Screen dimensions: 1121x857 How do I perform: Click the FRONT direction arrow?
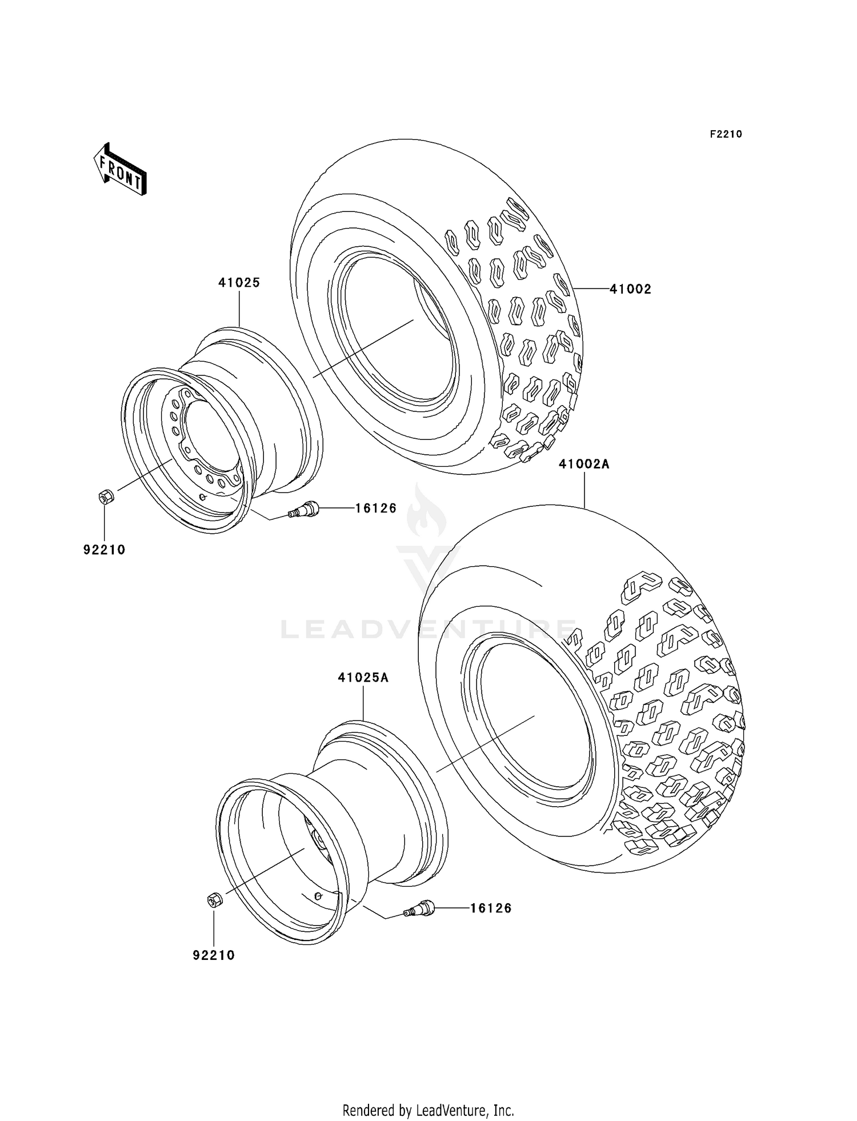click(121, 170)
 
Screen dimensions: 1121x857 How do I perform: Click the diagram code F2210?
click(726, 134)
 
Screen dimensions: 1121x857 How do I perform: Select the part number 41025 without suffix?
click(239, 282)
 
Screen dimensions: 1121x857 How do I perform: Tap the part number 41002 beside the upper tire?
click(630, 289)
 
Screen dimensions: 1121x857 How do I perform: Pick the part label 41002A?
click(584, 465)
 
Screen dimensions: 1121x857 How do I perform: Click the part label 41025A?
click(363, 678)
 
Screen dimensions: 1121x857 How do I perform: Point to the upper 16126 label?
click(375, 508)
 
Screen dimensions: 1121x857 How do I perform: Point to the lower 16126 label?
click(491, 908)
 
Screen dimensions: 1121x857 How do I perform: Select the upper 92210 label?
click(104, 550)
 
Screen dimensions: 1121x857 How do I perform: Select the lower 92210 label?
click(214, 955)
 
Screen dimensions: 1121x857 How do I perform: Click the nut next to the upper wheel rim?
click(106, 497)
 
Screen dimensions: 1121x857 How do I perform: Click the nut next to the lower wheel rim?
click(214, 900)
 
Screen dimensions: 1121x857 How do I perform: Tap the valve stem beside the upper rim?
click(304, 509)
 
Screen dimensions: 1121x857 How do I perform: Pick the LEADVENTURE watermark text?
click(428, 630)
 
